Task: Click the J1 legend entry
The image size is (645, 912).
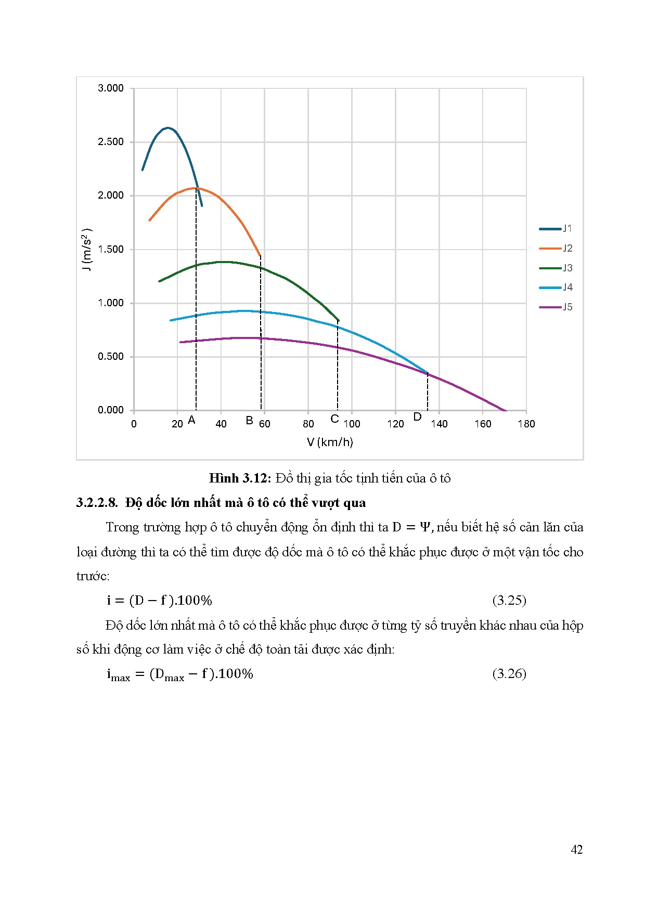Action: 556,228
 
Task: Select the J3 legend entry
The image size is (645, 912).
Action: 556,268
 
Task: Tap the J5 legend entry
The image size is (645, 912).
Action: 556,307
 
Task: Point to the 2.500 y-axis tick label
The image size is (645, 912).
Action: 111,142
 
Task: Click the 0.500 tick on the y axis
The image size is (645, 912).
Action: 111,357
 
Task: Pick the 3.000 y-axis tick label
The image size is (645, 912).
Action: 111,88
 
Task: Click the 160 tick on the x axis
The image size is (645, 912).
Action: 483,424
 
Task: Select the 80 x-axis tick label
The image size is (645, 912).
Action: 308,424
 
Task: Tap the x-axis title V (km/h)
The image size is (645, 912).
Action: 330,442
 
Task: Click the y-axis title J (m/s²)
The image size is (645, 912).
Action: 87,249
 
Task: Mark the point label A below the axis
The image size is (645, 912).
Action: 191,420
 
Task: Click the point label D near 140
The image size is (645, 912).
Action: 417,417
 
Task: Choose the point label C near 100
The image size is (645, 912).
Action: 334,419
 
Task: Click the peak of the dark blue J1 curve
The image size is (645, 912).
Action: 167,127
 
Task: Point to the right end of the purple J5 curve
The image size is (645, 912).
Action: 506,411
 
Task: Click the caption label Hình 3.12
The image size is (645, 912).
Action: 240,478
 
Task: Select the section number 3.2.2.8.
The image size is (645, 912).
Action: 97,503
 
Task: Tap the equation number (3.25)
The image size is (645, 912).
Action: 509,601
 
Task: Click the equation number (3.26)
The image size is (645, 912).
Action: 509,674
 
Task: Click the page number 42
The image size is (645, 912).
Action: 576,850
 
